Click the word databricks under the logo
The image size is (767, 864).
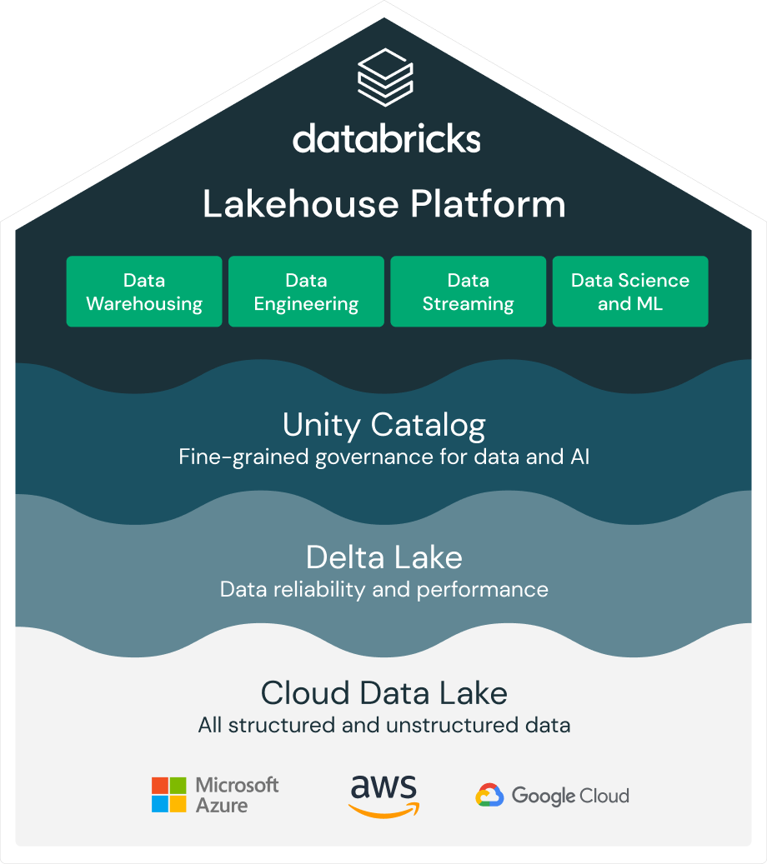[x=386, y=139]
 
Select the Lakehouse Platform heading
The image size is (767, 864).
[x=384, y=204]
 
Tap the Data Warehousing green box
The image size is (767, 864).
[x=144, y=292]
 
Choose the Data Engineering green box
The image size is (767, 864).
[x=306, y=292]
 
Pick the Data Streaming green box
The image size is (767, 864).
[x=468, y=292]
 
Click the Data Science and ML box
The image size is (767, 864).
[x=630, y=292]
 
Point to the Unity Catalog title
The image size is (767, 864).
[x=384, y=425]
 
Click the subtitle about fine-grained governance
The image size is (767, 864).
[x=384, y=457]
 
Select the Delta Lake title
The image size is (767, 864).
[x=384, y=557]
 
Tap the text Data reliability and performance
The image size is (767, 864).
[x=384, y=590]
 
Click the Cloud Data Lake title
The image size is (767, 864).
[x=384, y=692]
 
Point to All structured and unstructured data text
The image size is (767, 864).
[x=384, y=725]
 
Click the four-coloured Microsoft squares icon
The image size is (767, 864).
[x=169, y=795]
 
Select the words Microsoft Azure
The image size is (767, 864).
[x=237, y=795]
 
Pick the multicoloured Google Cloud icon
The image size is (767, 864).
[x=489, y=796]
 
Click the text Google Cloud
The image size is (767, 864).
[x=570, y=796]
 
